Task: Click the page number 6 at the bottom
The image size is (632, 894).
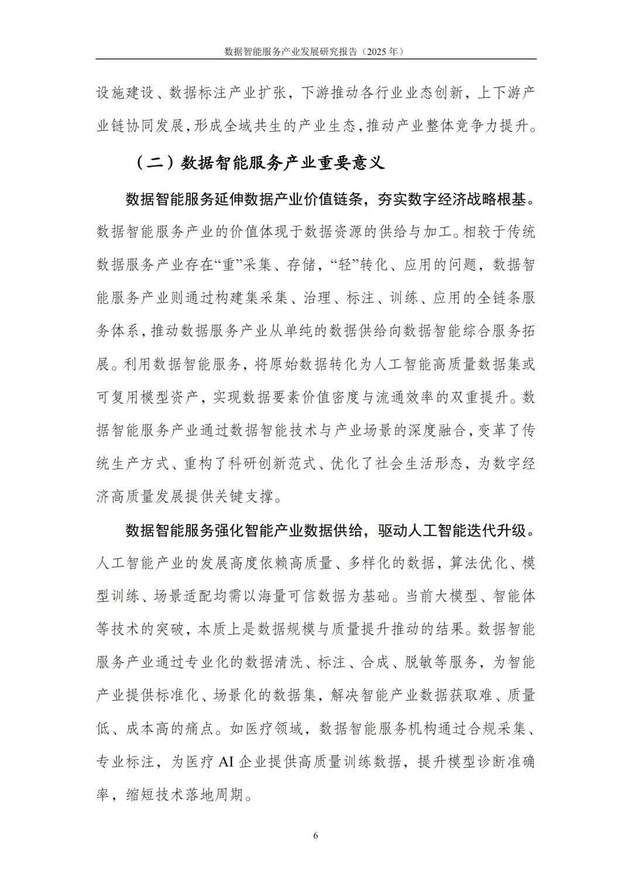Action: [316, 835]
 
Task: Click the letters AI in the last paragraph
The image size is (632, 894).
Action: [226, 762]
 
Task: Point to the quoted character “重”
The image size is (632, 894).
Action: [228, 264]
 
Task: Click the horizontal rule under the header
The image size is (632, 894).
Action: [316, 59]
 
